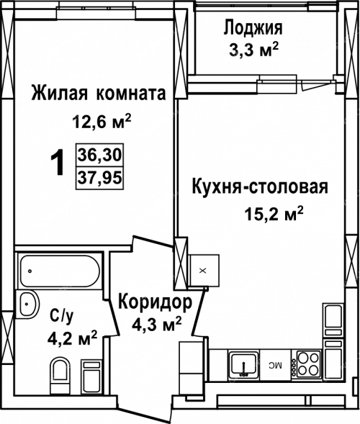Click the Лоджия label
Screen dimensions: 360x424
click(x=253, y=28)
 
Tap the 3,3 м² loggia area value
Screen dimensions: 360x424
click(x=253, y=50)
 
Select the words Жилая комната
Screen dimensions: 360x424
click(x=98, y=93)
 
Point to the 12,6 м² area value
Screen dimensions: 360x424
click(x=102, y=121)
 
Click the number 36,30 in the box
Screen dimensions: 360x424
click(x=99, y=155)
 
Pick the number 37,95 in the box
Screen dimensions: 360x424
click(x=99, y=178)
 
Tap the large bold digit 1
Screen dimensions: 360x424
click(x=58, y=163)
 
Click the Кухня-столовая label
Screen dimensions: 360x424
click(x=260, y=187)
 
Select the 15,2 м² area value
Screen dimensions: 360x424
click(x=274, y=213)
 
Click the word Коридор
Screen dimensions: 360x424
click(x=156, y=302)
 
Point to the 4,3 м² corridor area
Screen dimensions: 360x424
click(x=156, y=324)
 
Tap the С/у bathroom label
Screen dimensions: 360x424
click(x=62, y=317)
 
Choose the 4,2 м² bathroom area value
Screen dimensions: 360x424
click(x=73, y=338)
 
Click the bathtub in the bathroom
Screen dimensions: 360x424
click(x=60, y=271)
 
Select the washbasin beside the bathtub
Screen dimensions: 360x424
click(x=27, y=303)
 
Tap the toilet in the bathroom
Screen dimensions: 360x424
click(x=60, y=375)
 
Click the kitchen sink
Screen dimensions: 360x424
click(x=243, y=365)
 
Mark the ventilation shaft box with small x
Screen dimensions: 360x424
click(x=204, y=271)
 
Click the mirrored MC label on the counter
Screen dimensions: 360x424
click(x=275, y=366)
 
